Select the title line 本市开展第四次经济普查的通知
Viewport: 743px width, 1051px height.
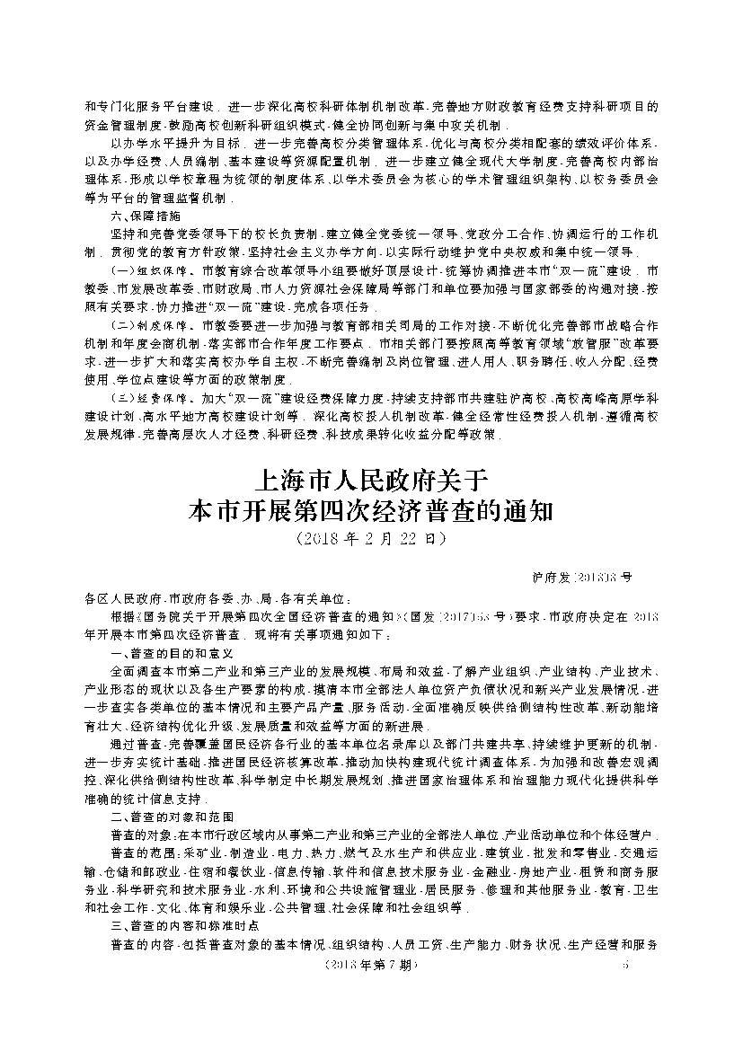[x=371, y=511]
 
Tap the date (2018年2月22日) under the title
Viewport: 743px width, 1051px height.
[x=371, y=540]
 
